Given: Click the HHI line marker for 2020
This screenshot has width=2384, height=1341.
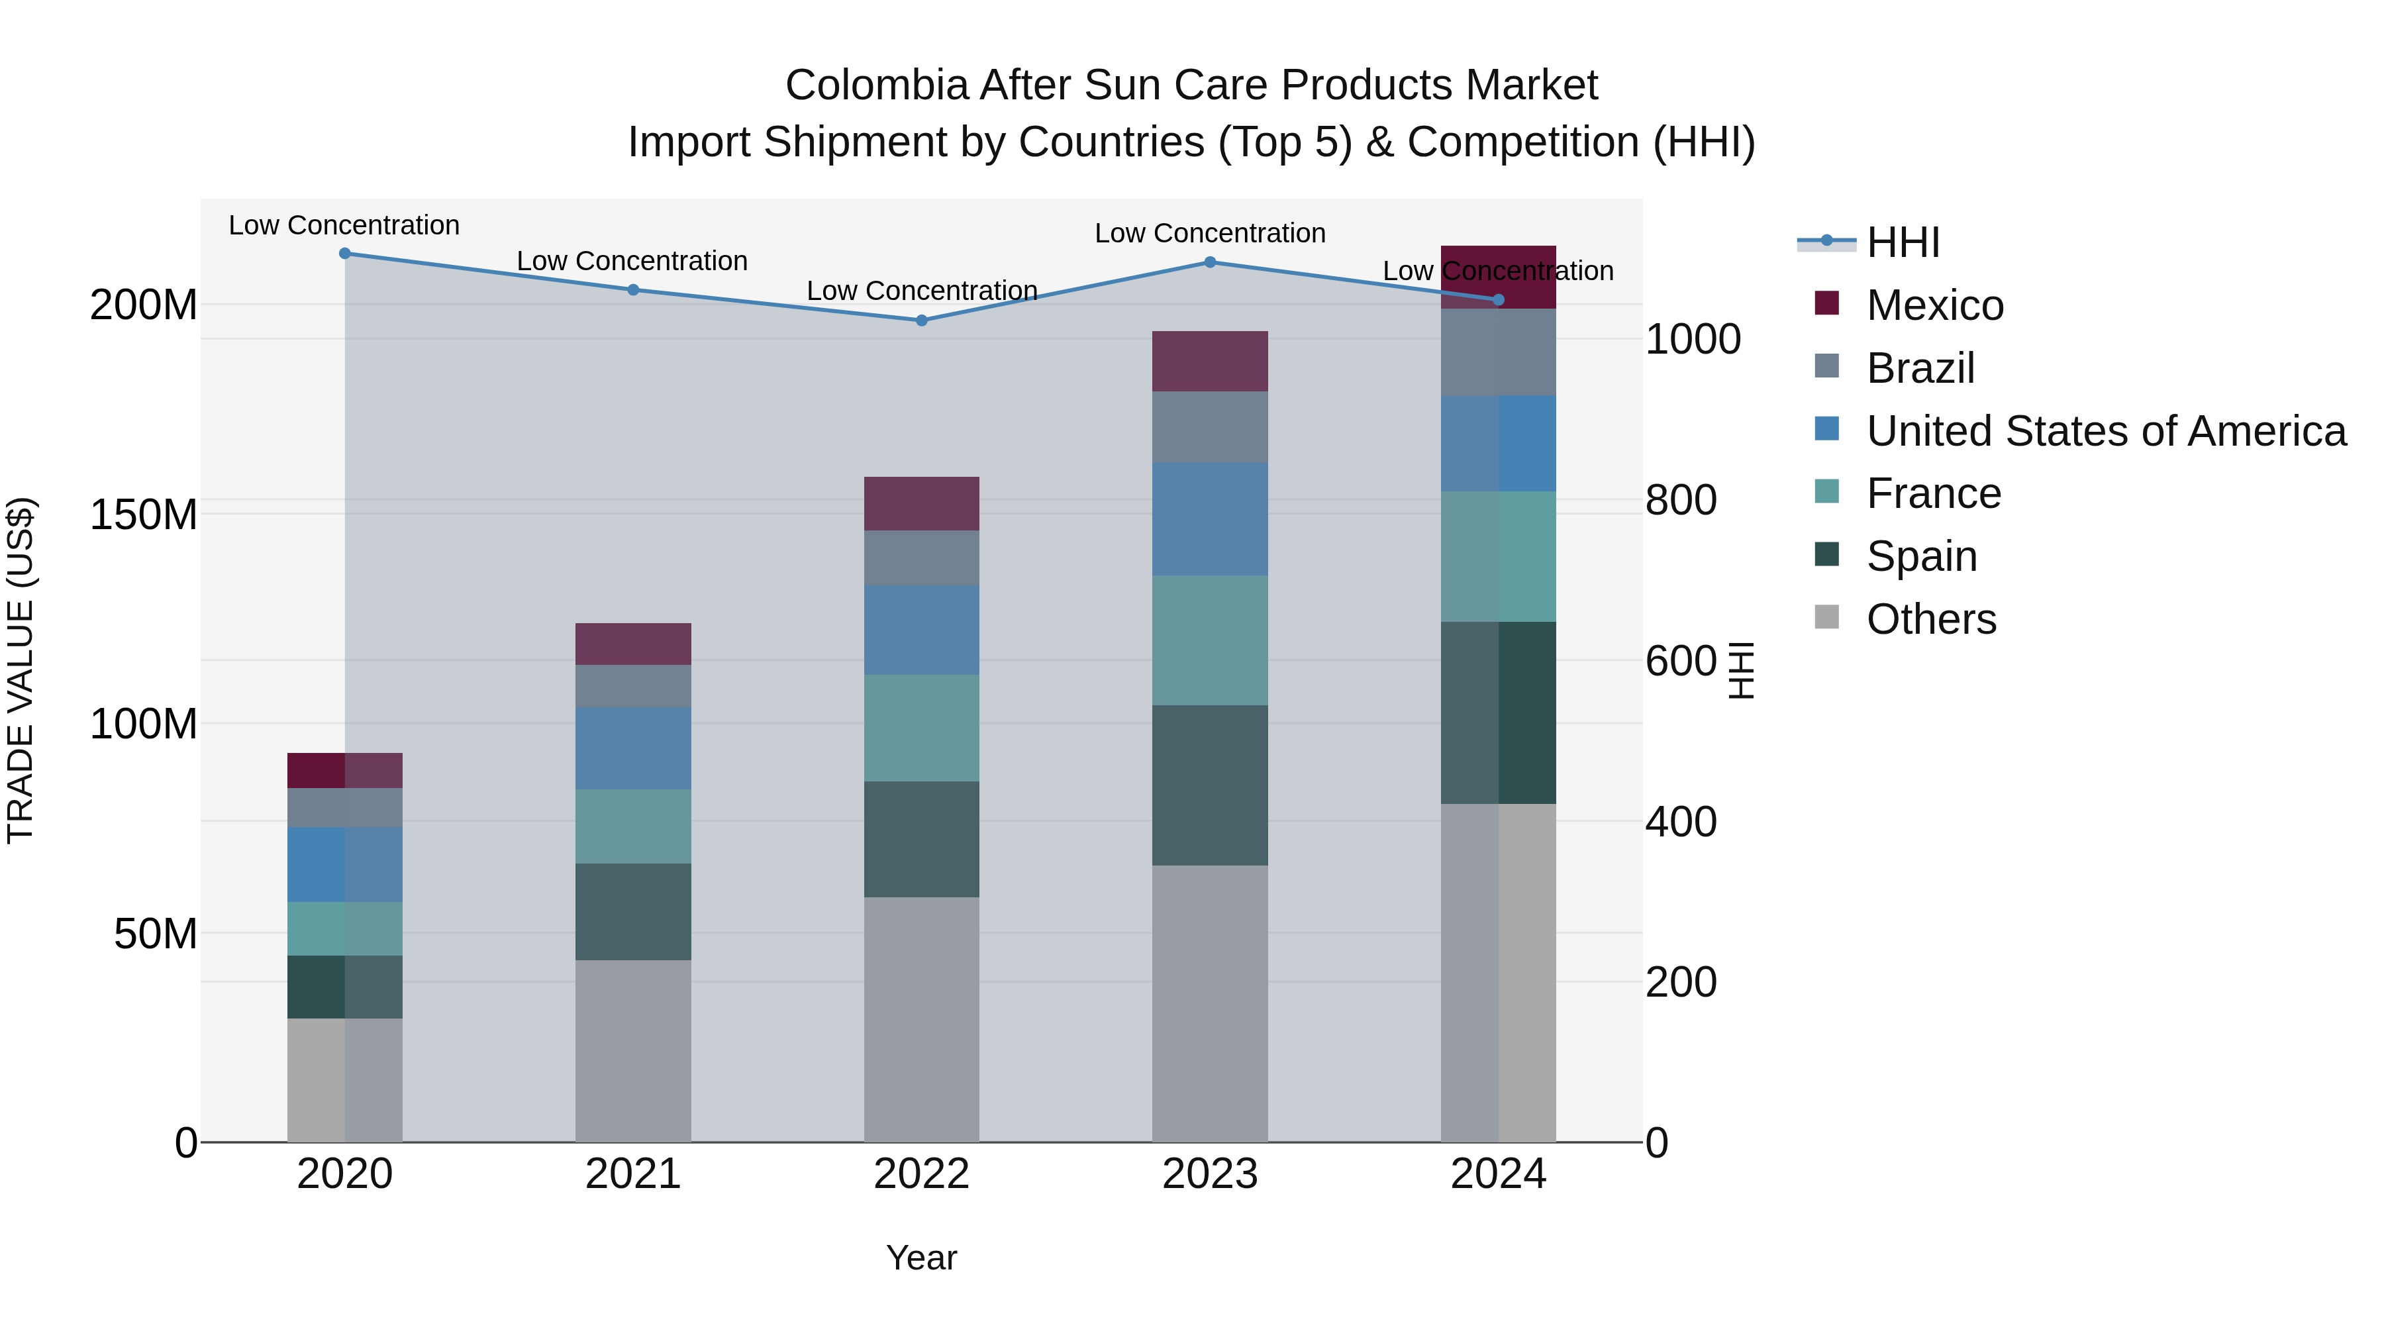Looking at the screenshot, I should coord(344,254).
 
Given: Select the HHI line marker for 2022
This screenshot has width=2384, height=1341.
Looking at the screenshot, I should coord(921,321).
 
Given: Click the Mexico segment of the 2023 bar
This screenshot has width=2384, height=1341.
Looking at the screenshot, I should coord(1210,361).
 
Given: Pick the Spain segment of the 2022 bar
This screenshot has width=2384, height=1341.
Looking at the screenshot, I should coord(921,838).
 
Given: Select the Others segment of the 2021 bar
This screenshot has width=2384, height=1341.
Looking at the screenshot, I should coord(633,1050).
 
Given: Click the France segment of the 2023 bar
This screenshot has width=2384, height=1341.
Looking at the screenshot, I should coord(1210,640).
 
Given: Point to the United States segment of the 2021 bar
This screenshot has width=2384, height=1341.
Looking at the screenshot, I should coord(633,748).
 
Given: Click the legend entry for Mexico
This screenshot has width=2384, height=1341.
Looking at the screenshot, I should coord(1934,305).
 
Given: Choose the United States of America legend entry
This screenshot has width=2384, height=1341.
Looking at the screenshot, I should coord(2105,431).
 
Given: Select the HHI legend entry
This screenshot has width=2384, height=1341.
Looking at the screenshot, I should coord(1902,242).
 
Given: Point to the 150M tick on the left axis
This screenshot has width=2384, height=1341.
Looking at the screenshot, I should coord(144,515).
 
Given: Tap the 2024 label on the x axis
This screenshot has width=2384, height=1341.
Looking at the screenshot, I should coord(1497,1174).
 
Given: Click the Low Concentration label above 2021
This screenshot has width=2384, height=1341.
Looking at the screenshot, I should coord(632,261).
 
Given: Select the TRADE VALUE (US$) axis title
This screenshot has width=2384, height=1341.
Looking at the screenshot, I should coord(21,670).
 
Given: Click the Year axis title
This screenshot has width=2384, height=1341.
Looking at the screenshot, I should coord(921,1258).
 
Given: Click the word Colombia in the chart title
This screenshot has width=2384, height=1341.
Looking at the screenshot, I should coord(875,85).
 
